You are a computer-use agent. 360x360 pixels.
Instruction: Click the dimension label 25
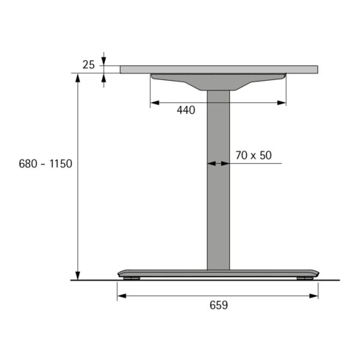(x=88, y=65)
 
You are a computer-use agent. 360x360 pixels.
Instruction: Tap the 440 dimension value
(x=187, y=111)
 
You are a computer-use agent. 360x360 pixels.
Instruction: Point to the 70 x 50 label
(x=253, y=155)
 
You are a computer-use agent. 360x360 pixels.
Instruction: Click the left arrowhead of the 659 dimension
(x=121, y=296)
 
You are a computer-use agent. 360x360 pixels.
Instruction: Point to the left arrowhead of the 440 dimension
(x=154, y=103)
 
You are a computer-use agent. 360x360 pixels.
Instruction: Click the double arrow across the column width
(x=218, y=165)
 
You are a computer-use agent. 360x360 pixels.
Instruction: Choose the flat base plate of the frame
(x=218, y=273)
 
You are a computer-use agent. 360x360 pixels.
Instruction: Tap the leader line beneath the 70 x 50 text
(x=257, y=165)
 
